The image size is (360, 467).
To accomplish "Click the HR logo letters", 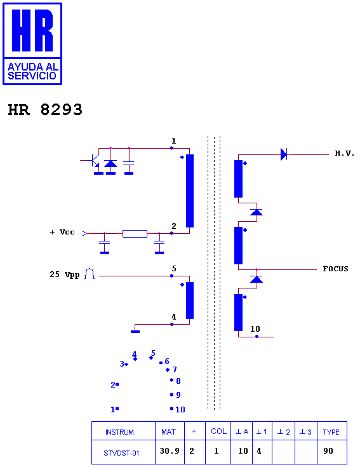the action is pos(32,30).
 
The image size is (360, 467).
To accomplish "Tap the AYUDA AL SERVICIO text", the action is pos(32,71).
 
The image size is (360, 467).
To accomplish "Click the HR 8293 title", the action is pos(45,109).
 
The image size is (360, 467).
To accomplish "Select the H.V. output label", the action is pos(344,153).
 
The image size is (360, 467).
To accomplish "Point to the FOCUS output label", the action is pos(336,269).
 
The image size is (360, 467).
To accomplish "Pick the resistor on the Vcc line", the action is pos(135,234).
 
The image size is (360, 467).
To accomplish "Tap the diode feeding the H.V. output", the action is pos(284,154).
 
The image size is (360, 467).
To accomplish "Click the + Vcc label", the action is pos(62,232).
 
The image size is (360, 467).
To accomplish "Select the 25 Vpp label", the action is pos(64,274).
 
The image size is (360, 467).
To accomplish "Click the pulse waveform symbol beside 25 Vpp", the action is pos(90,274).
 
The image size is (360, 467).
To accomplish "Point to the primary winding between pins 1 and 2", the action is pos(190,191).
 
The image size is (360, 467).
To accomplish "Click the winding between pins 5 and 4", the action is pos(190,301).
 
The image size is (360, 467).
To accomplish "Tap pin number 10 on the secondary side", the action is pos(255,329).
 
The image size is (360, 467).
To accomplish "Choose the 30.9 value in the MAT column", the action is pos(170,451).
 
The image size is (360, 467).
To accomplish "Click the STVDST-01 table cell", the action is pos(121,453).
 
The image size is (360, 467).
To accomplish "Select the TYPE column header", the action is pos(331,432).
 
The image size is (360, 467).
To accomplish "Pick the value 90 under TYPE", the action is pos(328,451).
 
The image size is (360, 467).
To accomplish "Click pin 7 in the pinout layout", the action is pos(175,370).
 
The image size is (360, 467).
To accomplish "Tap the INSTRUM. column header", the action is pos(121,432).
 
